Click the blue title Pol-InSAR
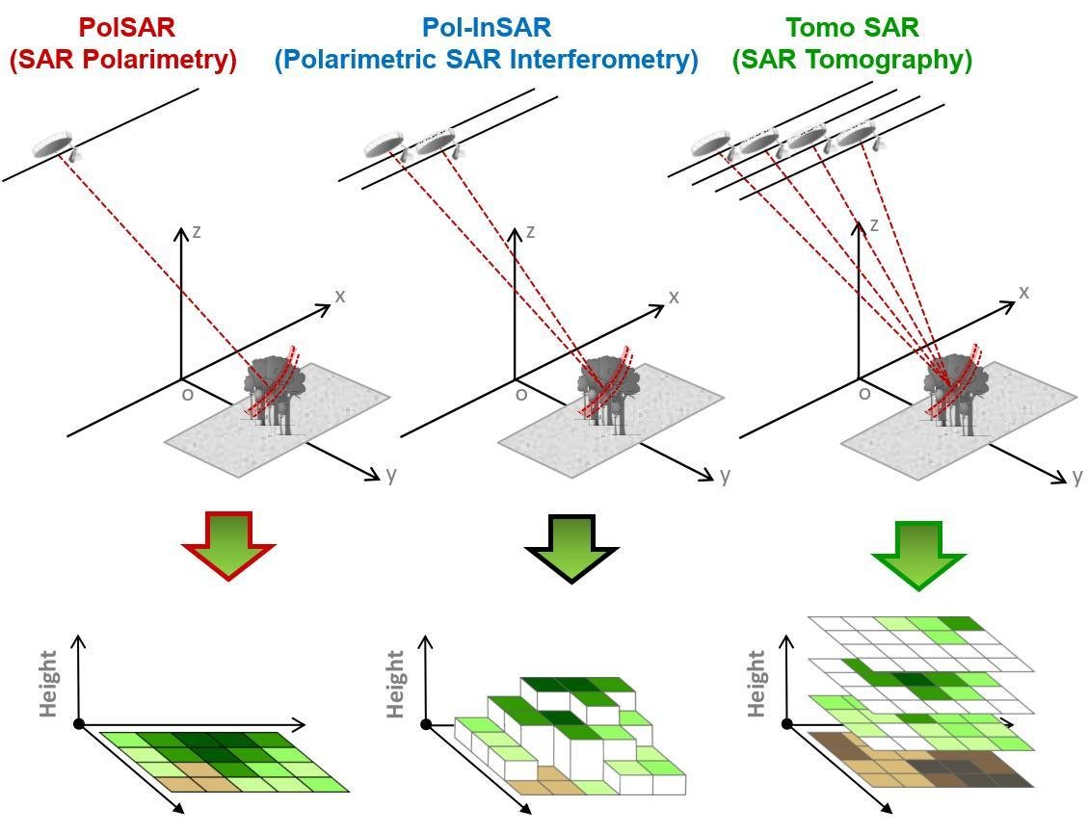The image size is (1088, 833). tap(486, 27)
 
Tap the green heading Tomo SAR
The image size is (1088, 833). tap(852, 27)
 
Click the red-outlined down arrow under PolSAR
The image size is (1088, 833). tap(228, 545)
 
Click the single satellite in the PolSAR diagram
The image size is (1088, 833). tap(54, 145)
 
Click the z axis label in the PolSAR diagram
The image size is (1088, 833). tap(197, 231)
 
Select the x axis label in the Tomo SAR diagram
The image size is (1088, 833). tap(1023, 292)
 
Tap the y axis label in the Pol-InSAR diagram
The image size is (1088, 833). tap(724, 475)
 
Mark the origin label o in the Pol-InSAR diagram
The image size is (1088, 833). tap(521, 394)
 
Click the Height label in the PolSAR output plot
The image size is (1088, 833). tap(49, 683)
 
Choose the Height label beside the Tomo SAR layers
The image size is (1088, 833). tap(756, 683)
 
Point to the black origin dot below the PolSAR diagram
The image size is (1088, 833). tap(79, 724)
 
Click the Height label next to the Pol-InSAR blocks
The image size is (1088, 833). tap(395, 684)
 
